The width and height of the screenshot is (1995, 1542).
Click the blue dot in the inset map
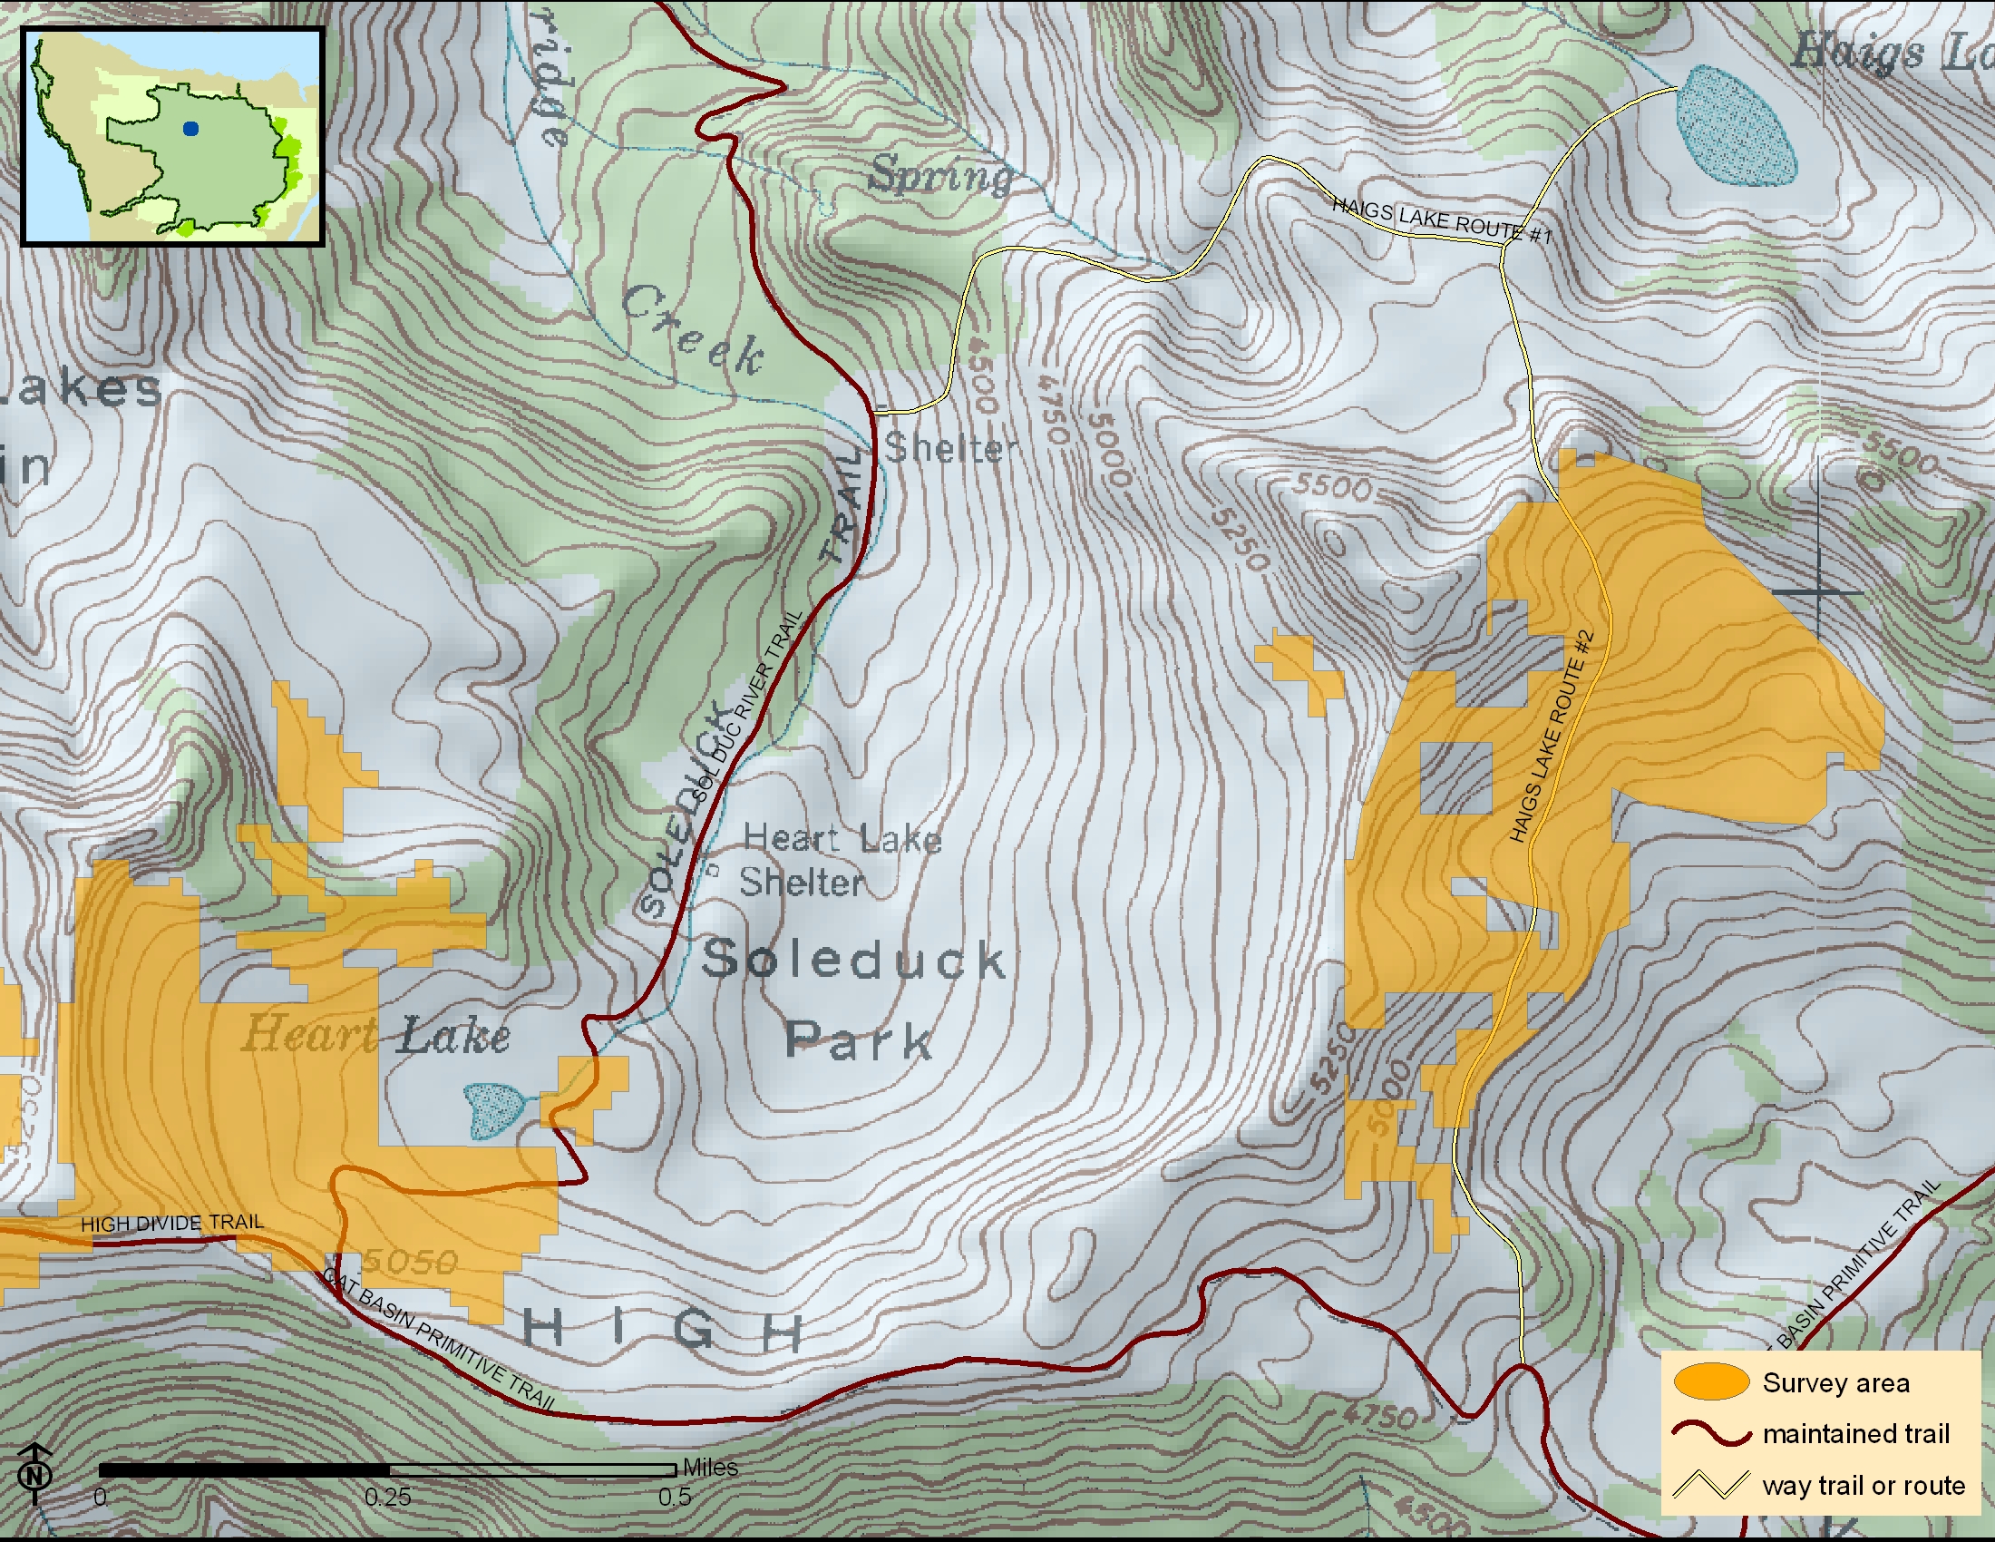[x=190, y=130]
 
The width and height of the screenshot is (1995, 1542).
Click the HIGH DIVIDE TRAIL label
[x=171, y=1224]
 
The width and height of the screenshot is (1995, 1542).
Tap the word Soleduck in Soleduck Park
[x=853, y=960]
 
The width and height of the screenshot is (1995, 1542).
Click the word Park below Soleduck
[x=859, y=1040]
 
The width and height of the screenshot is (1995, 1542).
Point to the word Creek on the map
[x=695, y=329]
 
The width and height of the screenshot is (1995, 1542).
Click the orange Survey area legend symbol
[x=1711, y=1381]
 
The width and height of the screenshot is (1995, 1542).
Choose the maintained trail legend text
[x=1855, y=1433]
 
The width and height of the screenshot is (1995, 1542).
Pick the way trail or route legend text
[x=1864, y=1486]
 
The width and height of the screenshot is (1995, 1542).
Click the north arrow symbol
[x=34, y=1471]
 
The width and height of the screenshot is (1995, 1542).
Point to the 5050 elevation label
[x=410, y=1263]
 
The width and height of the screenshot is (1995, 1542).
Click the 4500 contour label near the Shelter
[x=979, y=375]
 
